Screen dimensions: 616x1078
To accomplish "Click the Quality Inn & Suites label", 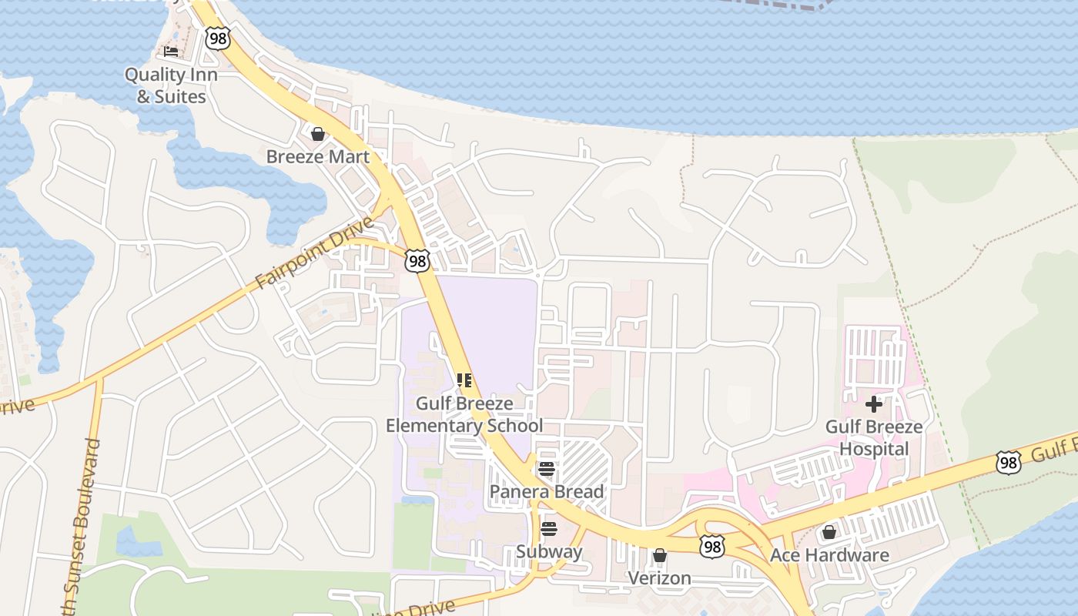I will pyautogui.click(x=171, y=85).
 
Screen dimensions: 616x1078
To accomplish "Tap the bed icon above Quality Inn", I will pyautogui.click(x=171, y=52).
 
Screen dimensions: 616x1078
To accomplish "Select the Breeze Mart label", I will pyautogui.click(x=318, y=156).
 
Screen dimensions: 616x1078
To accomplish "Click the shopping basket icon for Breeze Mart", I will pyautogui.click(x=318, y=134).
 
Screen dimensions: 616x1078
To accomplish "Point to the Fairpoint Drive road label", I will pyautogui.click(x=315, y=253).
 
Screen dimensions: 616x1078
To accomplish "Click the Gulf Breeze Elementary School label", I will pyautogui.click(x=464, y=414).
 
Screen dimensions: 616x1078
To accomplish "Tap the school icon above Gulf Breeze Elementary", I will pyautogui.click(x=464, y=380).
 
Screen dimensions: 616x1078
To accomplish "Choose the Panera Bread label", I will pyautogui.click(x=547, y=491).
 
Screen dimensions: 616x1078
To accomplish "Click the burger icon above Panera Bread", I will pyautogui.click(x=547, y=469).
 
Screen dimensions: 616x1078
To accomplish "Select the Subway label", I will pyautogui.click(x=549, y=551).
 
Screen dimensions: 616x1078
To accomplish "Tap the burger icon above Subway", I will pyautogui.click(x=549, y=529).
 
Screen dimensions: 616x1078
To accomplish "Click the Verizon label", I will pyautogui.click(x=659, y=577).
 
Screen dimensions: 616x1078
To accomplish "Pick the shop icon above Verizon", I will pyautogui.click(x=659, y=555).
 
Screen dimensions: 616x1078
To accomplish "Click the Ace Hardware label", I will pyautogui.click(x=829, y=555).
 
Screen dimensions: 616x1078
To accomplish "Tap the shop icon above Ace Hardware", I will pyautogui.click(x=829, y=532).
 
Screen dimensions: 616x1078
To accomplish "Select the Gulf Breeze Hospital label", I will pyautogui.click(x=874, y=437).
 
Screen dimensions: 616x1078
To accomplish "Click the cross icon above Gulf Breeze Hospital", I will pyautogui.click(x=874, y=403).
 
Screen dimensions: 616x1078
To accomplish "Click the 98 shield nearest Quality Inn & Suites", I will pyautogui.click(x=218, y=38).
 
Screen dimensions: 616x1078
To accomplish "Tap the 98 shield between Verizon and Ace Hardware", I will pyautogui.click(x=712, y=547).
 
